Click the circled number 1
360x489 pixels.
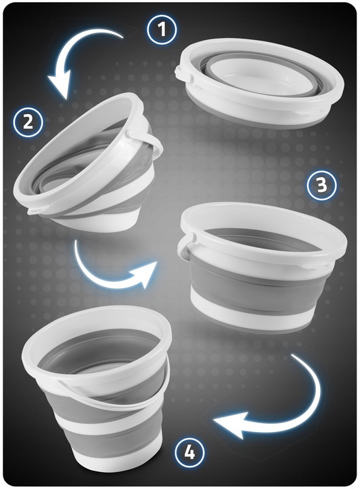pos(162,29)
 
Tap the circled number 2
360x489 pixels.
pos(28,122)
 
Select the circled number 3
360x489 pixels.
pos(322,185)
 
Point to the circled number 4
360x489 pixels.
pos(190,452)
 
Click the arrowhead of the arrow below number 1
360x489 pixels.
pos(61,85)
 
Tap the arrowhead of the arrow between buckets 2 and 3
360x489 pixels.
pos(143,274)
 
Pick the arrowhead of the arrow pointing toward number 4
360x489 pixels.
pos(230,425)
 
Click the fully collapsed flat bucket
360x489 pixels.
pos(259,84)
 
